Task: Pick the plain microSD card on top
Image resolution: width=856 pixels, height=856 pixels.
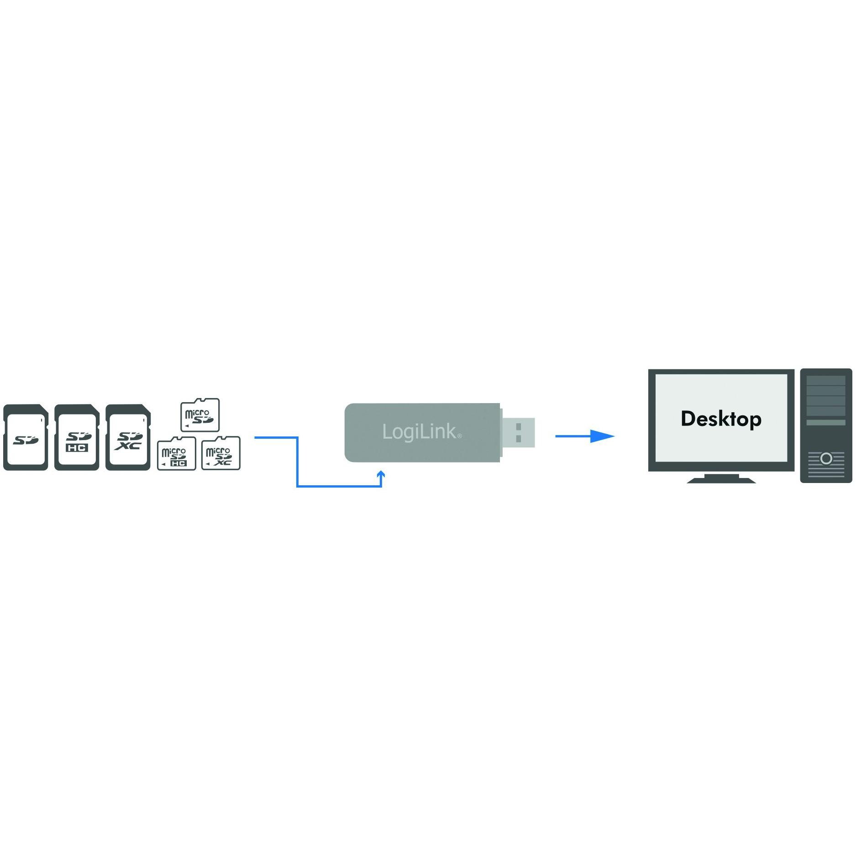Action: [x=200, y=415]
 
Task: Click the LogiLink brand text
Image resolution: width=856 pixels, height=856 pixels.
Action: [x=419, y=432]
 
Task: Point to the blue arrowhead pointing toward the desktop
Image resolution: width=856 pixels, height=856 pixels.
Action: [x=603, y=436]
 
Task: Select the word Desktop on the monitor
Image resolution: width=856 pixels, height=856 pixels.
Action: [x=721, y=419]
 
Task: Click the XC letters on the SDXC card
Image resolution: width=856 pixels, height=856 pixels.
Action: [x=128, y=446]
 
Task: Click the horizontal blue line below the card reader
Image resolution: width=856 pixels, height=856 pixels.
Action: [x=339, y=487]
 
